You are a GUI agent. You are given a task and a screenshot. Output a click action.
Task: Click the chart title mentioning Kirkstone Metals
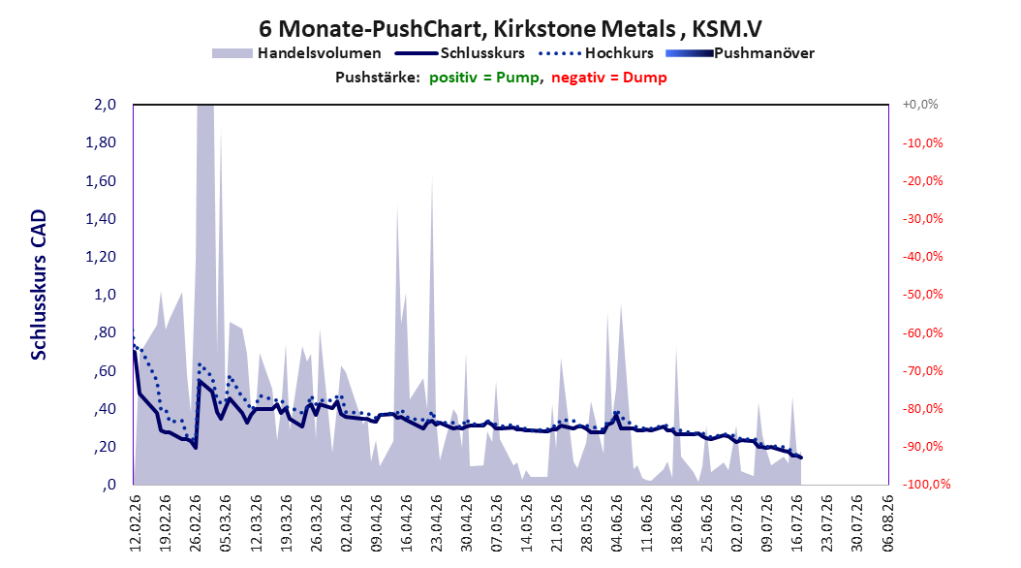click(510, 29)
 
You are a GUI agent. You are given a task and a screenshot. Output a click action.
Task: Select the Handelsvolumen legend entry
click(297, 53)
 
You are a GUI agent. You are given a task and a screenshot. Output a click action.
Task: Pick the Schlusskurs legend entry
click(460, 53)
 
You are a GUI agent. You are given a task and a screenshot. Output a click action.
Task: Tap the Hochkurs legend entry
click(597, 53)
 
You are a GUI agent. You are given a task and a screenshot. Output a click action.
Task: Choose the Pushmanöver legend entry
click(740, 53)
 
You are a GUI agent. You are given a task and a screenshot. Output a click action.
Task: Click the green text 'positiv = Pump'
click(484, 78)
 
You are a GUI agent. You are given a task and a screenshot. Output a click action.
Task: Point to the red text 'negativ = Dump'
click(609, 78)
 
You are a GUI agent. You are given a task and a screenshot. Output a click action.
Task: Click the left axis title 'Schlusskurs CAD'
click(39, 285)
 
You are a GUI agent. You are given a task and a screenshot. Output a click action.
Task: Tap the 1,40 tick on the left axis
click(101, 219)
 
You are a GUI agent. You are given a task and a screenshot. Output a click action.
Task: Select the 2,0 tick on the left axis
click(106, 105)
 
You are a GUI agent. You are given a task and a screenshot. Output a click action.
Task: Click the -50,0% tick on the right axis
click(922, 295)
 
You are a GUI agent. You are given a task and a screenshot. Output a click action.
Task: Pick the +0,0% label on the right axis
click(920, 105)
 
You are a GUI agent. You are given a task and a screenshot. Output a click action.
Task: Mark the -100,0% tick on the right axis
click(926, 484)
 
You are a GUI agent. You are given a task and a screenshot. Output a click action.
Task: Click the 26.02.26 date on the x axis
click(196, 522)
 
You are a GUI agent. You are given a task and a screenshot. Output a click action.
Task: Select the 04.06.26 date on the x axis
click(617, 522)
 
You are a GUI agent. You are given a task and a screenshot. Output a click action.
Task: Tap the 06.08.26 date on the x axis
click(887, 522)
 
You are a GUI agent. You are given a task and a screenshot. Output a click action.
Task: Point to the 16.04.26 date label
click(406, 522)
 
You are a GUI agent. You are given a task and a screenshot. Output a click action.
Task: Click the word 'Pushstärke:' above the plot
click(378, 78)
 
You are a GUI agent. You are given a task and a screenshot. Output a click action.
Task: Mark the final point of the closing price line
click(801, 458)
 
